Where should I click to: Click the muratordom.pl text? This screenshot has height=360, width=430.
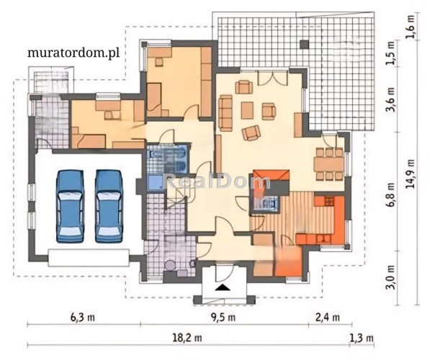coord(73,53)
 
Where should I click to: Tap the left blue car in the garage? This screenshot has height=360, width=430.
coord(70,206)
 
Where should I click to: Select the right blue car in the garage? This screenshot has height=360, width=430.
coord(109,206)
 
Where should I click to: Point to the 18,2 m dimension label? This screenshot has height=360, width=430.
coord(187,338)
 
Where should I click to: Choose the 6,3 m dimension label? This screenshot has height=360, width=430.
coord(83,318)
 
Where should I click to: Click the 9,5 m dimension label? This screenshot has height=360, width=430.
coord(223,318)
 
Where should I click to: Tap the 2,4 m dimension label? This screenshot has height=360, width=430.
coord(328,318)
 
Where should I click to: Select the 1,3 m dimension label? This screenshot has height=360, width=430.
coord(362,338)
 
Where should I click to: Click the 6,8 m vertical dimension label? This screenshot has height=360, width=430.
coord(390,195)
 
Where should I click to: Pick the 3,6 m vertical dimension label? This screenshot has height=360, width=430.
coord(390,99)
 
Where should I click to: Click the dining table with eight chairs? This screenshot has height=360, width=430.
coord(329,164)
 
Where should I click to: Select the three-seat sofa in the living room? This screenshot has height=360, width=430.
coord(225,112)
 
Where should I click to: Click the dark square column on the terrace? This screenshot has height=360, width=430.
coord(304,45)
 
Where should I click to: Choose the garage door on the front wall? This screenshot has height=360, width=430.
coord(89,258)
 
